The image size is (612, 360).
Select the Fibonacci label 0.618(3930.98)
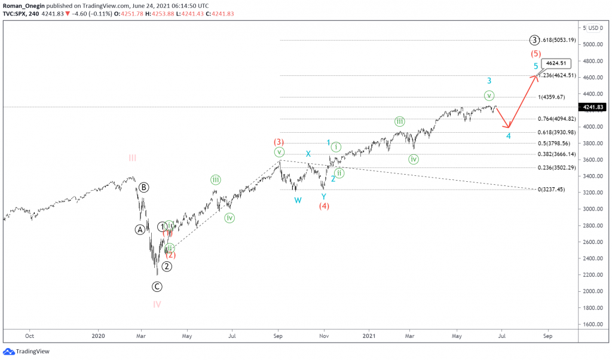point(558,132)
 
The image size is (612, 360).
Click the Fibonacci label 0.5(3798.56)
point(555,144)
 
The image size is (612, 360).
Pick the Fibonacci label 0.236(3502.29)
point(558,167)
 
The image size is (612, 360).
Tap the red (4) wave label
point(324,206)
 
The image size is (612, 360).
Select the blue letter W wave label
point(298,200)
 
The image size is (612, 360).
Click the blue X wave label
point(308,154)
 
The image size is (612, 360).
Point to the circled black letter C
point(157,286)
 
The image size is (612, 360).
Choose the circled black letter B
point(144,187)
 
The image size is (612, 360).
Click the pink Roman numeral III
point(132,158)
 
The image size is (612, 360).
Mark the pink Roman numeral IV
point(157,304)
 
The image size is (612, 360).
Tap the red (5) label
point(536,53)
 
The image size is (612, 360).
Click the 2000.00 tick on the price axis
point(591,291)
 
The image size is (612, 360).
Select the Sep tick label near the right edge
point(547,337)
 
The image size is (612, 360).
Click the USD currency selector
point(593,28)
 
